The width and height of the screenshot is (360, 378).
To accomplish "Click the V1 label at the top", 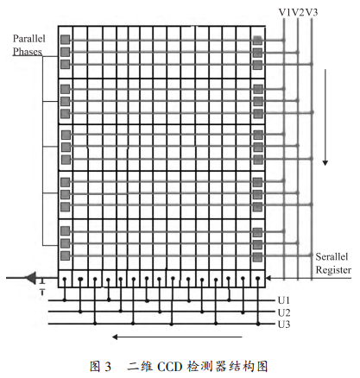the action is point(285,12).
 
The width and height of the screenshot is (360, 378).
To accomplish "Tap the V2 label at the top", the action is point(299,12).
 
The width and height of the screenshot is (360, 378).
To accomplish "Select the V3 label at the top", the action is point(312,12).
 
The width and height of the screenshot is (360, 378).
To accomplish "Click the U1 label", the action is point(284,300).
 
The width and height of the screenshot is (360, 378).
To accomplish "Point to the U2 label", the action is point(284,312).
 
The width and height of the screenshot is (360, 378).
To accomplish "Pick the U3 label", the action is point(284,324).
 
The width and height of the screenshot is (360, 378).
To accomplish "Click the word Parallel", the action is point(29,39).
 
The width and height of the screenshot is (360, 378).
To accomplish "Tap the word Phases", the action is point(28,52).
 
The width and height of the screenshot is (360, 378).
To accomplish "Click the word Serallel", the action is point(332,256).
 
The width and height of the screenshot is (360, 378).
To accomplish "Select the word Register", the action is point(333,270).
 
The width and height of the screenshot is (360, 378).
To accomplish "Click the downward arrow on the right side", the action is point(325,117).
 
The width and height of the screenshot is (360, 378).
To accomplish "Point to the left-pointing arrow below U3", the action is point(177,337).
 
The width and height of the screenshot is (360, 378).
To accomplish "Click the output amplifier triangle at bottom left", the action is point(31,278).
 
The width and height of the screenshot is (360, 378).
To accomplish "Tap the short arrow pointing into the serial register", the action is point(308,278).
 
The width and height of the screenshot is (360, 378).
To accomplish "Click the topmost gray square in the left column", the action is point(66,40).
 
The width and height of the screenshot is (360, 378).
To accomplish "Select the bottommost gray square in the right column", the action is point(257,257).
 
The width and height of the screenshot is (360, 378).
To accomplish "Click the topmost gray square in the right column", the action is point(257,40).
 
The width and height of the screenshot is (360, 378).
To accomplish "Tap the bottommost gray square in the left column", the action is point(66,255).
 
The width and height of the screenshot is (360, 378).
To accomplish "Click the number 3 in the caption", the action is point(107,367).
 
